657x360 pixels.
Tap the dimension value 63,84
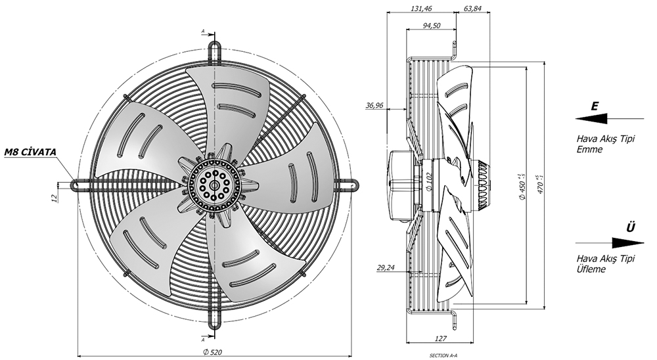pos(472,9)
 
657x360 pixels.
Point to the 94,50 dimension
pos(431,26)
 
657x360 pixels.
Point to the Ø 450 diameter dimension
pos(522,185)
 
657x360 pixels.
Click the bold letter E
pos(595,106)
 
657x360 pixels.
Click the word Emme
pos(589,150)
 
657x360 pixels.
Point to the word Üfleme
pos(591,269)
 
